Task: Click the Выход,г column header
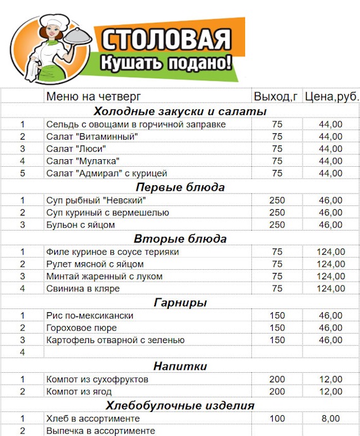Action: point(276,97)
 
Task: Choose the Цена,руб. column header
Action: point(331,97)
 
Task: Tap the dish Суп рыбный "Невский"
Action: point(95,200)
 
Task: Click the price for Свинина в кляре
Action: point(330,288)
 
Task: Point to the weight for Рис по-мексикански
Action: point(277,315)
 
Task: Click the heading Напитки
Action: point(181,366)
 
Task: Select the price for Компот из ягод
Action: point(330,392)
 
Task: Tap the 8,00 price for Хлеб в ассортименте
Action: point(330,418)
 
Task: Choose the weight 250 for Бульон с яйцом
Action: point(277,224)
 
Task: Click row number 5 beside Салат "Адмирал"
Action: point(23,173)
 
